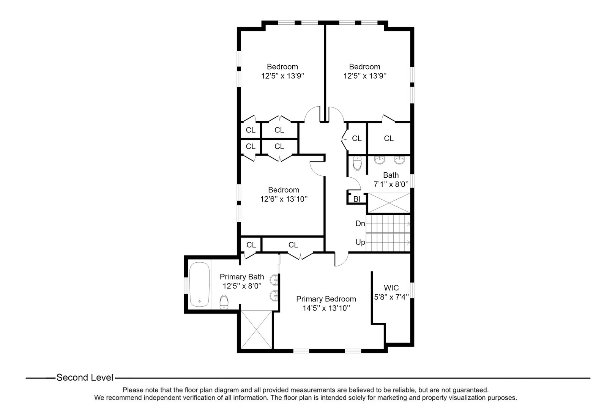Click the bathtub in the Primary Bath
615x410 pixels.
199,284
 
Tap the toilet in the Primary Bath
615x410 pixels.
224,303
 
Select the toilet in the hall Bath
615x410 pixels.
357,163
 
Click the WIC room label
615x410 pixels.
391,288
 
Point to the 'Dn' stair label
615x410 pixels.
360,224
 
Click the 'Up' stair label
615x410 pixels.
360,242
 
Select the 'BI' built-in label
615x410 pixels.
357,199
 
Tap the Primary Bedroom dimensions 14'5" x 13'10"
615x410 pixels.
326,308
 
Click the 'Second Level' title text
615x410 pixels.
85,378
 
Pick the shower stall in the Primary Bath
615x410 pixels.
257,329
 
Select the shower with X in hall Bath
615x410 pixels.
389,203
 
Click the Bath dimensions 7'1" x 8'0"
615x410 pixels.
391,184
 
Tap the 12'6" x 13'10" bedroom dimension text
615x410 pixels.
283,199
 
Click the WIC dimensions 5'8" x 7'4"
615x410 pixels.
391,297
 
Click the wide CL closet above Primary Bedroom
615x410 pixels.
293,245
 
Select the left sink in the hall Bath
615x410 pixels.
379,161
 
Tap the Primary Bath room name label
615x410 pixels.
241,277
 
